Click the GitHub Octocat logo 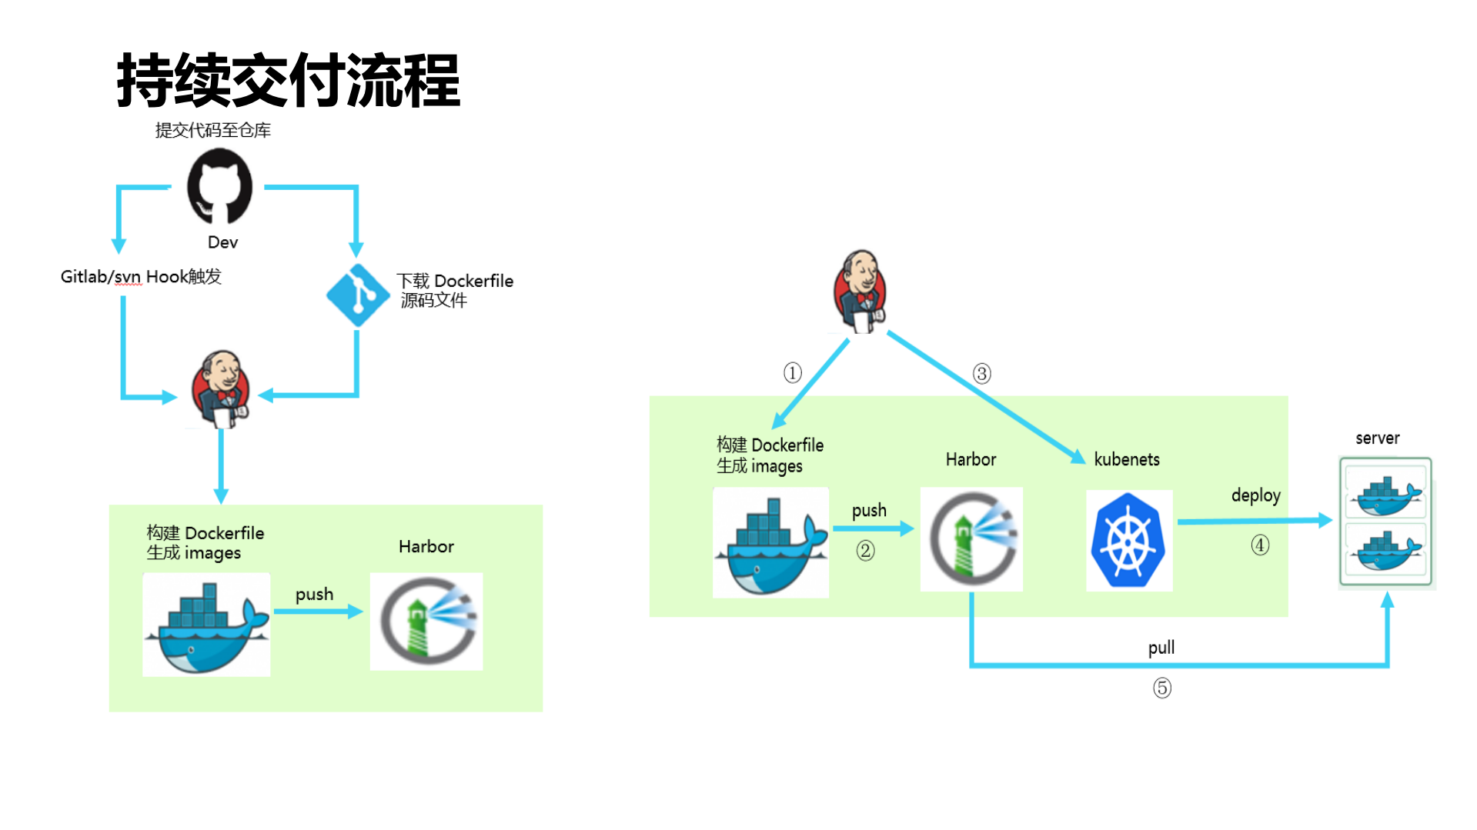click(219, 186)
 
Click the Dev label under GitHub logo click(222, 242)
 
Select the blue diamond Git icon click(357, 295)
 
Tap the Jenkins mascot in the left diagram click(222, 388)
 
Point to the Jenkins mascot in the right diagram click(861, 292)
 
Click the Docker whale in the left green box click(206, 625)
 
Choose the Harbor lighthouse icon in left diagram click(426, 622)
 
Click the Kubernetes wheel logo click(1128, 541)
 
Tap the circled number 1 click(793, 373)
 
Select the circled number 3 click(981, 374)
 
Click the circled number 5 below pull click(1162, 688)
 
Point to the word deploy click(1255, 495)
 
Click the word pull click(1161, 648)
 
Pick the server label click(1377, 438)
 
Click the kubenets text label click(1127, 459)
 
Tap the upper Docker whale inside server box click(1385, 496)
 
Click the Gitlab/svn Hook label click(141, 277)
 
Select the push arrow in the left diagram click(318, 612)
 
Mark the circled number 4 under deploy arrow click(1260, 545)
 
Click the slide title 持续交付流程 click(289, 81)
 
